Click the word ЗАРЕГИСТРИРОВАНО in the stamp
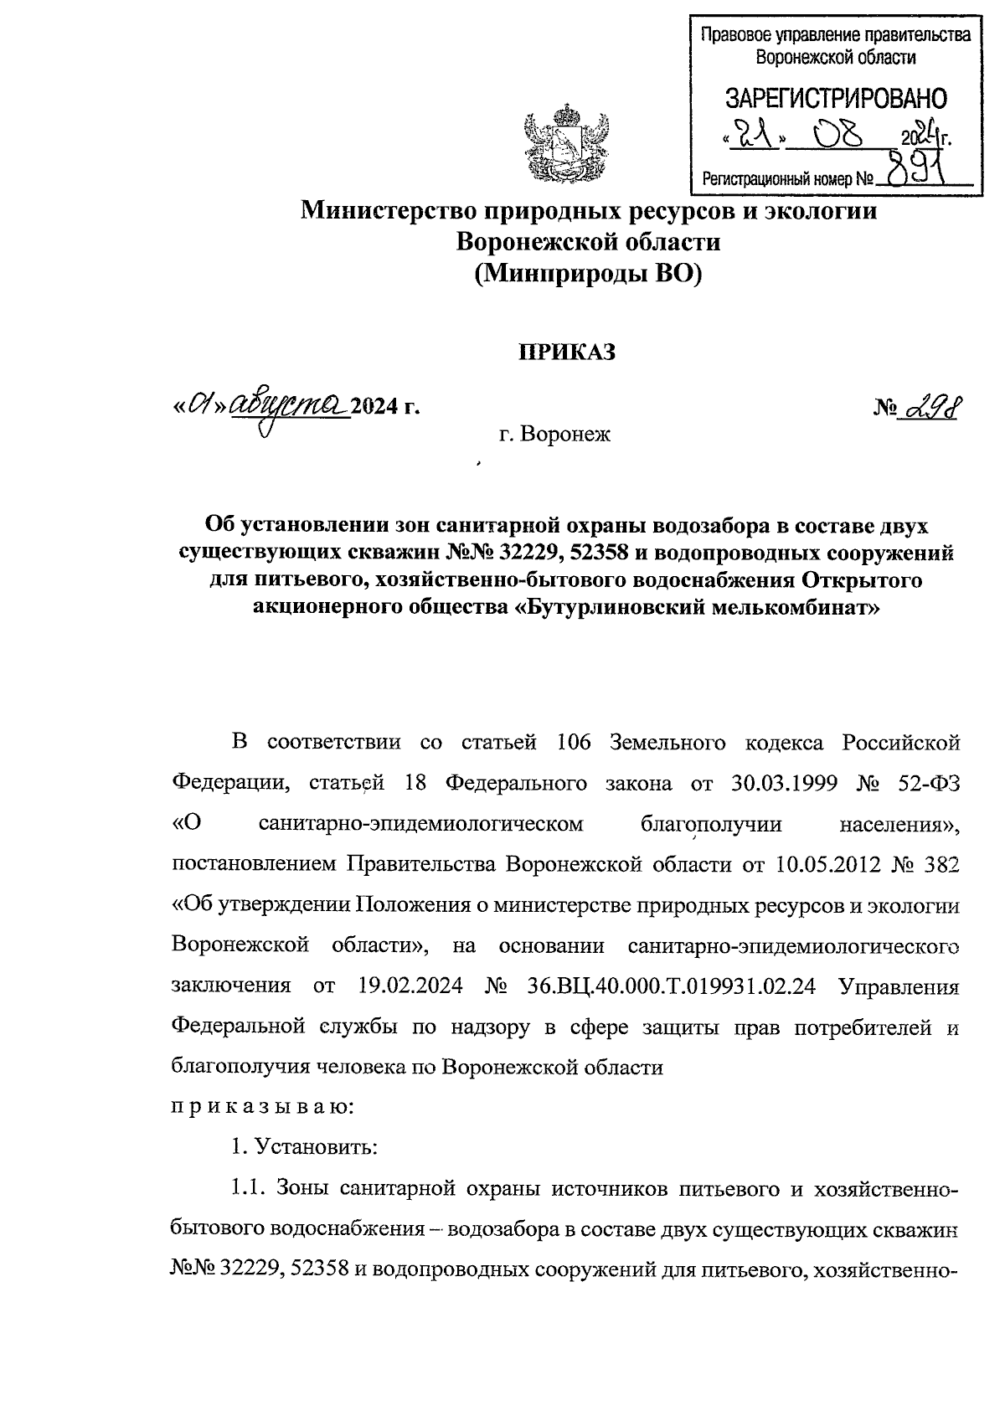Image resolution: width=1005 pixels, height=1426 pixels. click(835, 99)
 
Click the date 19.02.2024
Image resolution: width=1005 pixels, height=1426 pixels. click(410, 986)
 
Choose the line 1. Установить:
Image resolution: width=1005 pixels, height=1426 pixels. click(305, 1146)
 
